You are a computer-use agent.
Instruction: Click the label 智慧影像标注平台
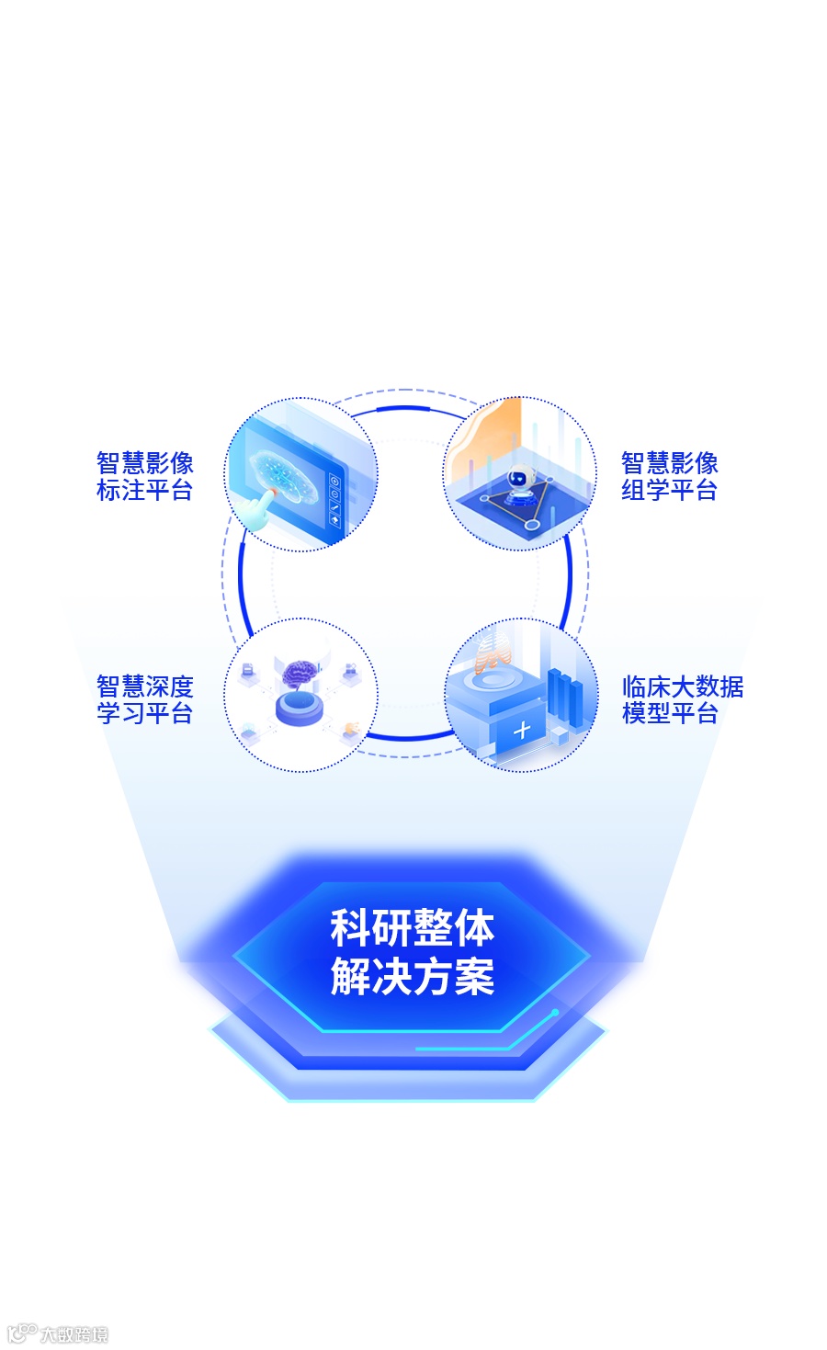145,476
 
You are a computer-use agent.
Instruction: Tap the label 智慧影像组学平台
669,476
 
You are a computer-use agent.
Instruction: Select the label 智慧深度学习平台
145,699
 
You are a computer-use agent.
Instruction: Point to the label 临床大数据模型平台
682,699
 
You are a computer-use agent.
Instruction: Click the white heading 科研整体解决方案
413,952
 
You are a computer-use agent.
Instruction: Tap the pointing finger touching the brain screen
264,504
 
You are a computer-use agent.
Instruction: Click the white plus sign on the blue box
522,731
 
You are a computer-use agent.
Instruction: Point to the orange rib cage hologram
491,652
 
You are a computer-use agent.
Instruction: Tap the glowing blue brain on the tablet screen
285,478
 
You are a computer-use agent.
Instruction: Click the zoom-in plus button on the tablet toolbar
334,481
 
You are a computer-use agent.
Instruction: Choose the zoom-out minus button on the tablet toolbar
334,493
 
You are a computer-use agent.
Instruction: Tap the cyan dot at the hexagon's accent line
555,1013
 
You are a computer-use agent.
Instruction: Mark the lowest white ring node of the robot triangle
532,525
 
